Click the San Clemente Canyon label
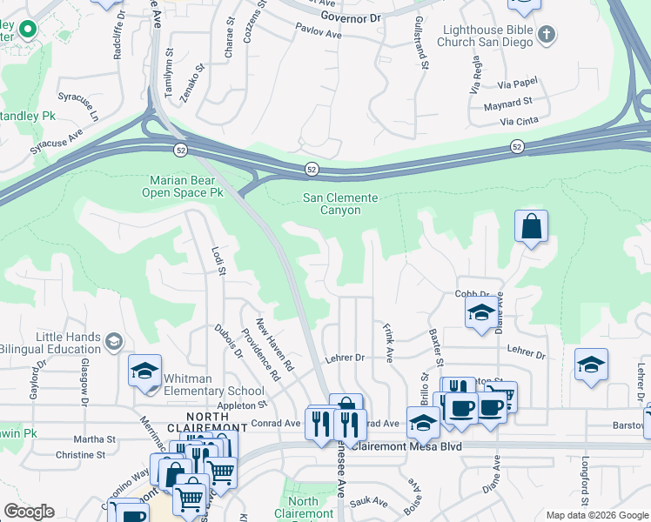tap(340, 204)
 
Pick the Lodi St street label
tap(218, 259)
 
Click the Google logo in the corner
tap(29, 512)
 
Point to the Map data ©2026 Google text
tap(596, 515)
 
